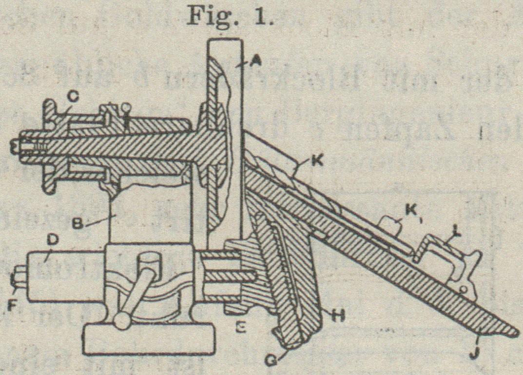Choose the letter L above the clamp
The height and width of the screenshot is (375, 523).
pos(455,234)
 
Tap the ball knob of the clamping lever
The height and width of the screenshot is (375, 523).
pos(120,320)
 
